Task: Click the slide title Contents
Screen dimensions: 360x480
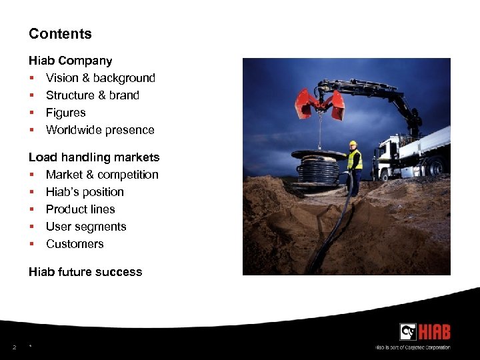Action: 60,34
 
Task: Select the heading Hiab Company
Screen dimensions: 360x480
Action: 70,61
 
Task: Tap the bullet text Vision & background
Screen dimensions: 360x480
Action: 100,78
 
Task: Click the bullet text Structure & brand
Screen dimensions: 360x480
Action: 92,95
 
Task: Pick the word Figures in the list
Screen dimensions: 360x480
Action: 65,113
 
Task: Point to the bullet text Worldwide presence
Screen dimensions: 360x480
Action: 100,130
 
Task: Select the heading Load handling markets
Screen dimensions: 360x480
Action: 93,157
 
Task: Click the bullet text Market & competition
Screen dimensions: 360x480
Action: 102,175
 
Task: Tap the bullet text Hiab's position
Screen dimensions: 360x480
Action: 85,192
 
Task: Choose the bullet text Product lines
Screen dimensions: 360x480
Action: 80,209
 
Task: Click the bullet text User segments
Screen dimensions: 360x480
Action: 86,227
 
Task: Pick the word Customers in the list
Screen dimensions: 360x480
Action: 75,244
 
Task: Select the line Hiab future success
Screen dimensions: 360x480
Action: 85,272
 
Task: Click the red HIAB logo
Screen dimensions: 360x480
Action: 425,332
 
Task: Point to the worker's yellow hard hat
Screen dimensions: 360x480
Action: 353,143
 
